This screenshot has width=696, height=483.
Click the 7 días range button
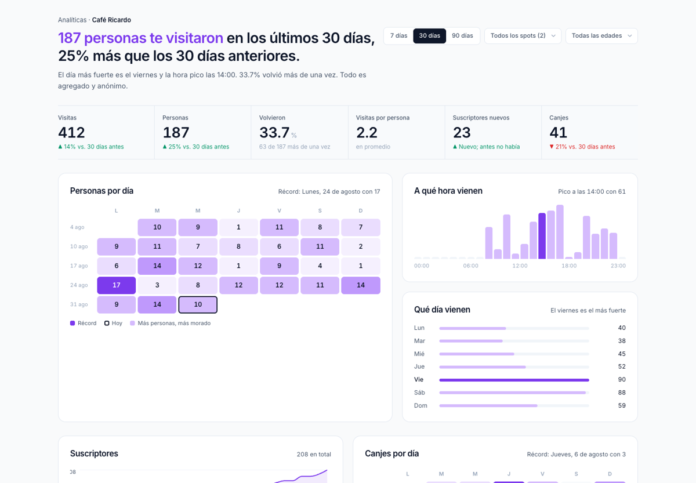click(x=398, y=36)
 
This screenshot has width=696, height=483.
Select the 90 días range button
click(x=462, y=36)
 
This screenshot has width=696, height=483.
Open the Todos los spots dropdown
click(x=523, y=36)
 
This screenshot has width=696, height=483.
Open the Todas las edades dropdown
click(x=601, y=36)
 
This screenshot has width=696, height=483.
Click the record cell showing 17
click(x=116, y=285)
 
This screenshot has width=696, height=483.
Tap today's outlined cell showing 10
click(x=198, y=304)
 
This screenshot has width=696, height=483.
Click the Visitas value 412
click(x=71, y=133)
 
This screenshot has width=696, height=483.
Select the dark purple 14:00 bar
click(x=542, y=236)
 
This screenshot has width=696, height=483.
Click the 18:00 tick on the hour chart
click(x=569, y=266)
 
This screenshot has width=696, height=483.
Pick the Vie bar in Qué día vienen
click(x=514, y=380)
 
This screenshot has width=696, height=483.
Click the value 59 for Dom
click(x=622, y=405)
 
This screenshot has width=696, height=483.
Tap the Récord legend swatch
click(x=72, y=323)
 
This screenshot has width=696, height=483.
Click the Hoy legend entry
click(x=114, y=323)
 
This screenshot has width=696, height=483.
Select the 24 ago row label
click(x=79, y=285)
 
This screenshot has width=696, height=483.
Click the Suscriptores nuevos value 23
click(x=462, y=133)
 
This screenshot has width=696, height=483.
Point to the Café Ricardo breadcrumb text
click(x=111, y=20)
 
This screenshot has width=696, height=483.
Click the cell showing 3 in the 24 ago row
click(x=157, y=285)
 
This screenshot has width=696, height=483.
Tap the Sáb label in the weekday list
click(x=419, y=393)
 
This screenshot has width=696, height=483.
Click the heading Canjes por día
click(x=392, y=453)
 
